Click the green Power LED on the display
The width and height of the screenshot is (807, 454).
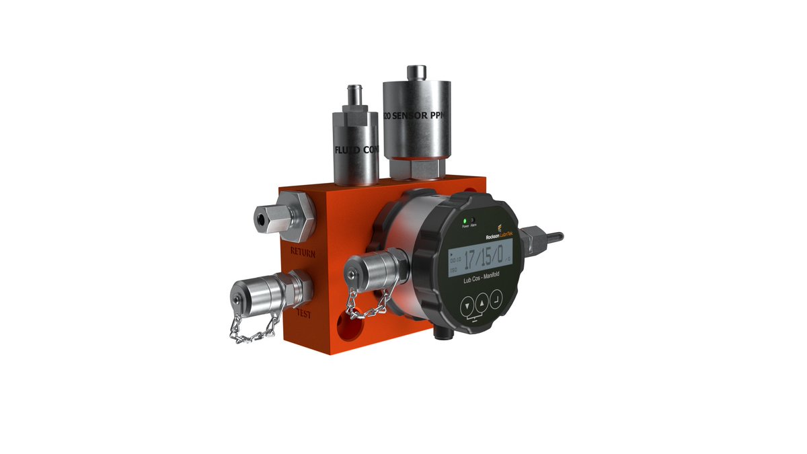pyautogui.click(x=465, y=221)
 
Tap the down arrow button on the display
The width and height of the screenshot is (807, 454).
pyautogui.click(x=465, y=306)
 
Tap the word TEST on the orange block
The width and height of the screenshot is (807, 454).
pyautogui.click(x=303, y=313)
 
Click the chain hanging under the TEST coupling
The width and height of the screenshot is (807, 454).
pyautogui.click(x=253, y=326)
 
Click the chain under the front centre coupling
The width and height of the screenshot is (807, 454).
pyautogui.click(x=367, y=306)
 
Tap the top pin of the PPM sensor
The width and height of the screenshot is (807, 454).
pyautogui.click(x=418, y=71)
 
